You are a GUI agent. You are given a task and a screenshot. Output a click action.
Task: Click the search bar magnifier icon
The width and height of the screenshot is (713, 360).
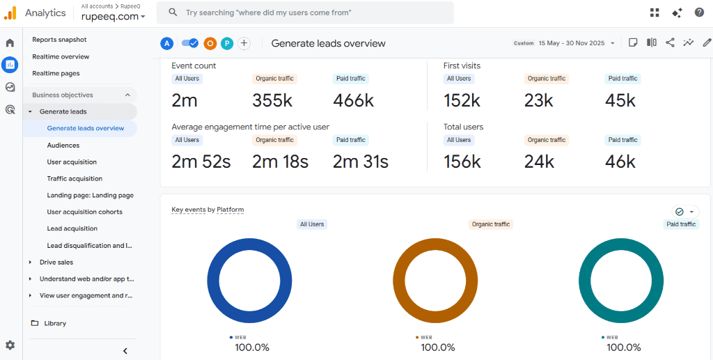173,13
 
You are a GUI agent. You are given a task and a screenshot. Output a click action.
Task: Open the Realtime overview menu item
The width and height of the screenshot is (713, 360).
61,56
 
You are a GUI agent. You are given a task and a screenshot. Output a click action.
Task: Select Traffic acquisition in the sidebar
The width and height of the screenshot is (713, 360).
75,179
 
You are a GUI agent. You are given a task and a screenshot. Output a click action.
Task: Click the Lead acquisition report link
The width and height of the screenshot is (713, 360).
72,228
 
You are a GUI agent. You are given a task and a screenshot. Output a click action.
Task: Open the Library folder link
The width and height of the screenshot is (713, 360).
54,323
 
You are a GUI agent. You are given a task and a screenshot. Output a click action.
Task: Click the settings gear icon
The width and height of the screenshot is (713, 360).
10,345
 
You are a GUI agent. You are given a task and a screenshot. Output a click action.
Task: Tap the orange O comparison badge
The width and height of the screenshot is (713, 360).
210,43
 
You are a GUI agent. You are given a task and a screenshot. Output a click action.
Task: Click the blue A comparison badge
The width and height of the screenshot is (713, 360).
166,43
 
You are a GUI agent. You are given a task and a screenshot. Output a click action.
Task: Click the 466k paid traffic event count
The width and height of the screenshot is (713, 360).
353,101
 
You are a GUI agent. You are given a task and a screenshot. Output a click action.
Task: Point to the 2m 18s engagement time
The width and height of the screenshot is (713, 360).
280,162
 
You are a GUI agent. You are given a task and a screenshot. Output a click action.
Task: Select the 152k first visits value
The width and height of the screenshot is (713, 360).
462,101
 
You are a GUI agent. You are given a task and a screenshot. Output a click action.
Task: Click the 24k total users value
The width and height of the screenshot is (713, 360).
539,162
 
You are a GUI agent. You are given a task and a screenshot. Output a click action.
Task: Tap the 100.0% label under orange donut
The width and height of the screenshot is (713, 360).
437,347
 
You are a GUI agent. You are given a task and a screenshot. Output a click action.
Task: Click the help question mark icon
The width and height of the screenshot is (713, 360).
699,13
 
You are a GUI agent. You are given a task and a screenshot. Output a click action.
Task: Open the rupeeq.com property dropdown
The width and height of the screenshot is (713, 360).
113,17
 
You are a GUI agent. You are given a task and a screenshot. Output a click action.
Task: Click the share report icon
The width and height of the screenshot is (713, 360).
670,42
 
